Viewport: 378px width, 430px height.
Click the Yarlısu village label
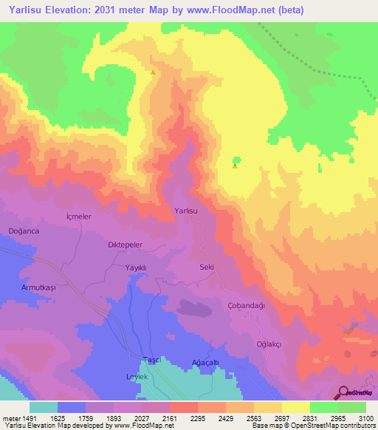coord(186,211)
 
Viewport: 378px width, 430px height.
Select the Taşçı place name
coord(151,359)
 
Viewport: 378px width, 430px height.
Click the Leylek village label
coord(137,377)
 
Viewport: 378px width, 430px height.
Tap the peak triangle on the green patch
coord(235,165)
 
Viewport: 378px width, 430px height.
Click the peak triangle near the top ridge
coord(153,72)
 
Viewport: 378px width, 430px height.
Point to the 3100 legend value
coord(366,417)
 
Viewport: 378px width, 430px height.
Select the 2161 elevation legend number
coord(170,417)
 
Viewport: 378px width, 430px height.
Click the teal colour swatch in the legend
coord(43,407)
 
